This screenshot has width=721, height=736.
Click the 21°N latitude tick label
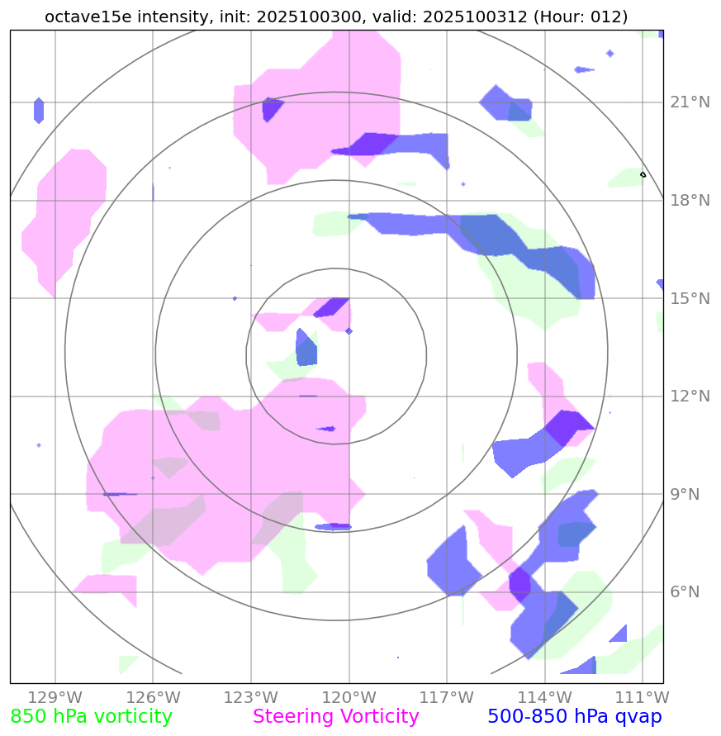click(689, 102)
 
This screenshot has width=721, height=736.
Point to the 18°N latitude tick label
click(689, 201)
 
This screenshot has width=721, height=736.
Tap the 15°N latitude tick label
click(689, 298)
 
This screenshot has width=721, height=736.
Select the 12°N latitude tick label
click(689, 396)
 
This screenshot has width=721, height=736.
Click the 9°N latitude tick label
click(683, 495)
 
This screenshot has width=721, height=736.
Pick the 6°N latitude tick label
click(683, 592)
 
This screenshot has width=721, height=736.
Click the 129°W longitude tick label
click(55, 697)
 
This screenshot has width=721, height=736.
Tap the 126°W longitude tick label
click(153, 697)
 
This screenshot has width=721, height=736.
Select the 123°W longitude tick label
click(250, 697)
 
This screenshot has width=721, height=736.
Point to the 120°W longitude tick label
click(348, 697)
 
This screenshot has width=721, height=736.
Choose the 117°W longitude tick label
click(446, 697)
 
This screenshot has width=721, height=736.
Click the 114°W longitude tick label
click(543, 697)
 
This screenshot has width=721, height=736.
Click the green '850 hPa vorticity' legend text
click(92, 717)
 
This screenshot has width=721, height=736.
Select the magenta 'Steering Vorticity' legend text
click(336, 717)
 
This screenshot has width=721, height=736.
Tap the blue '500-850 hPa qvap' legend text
click(575, 717)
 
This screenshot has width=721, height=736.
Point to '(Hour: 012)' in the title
click(582, 17)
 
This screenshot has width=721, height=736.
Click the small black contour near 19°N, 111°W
click(643, 174)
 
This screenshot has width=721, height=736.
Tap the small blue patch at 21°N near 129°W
click(39, 110)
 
